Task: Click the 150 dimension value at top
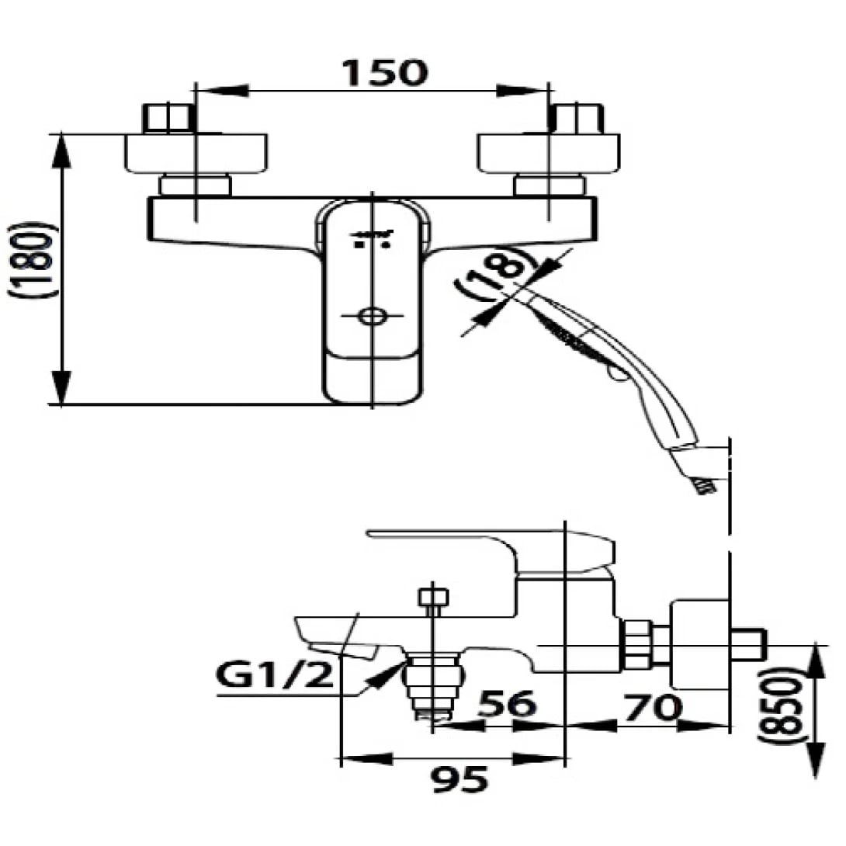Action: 385,71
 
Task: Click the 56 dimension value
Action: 505,705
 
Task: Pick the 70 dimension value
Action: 650,706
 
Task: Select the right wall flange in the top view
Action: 549,154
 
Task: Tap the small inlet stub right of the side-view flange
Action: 748,645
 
